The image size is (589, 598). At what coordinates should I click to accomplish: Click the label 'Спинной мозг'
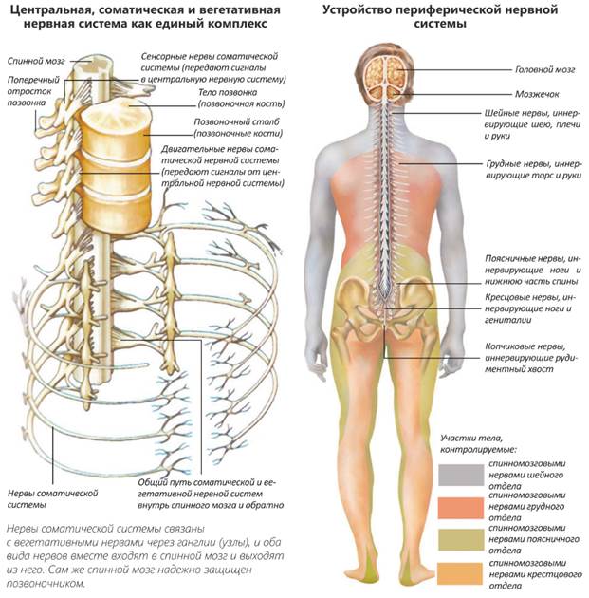31,59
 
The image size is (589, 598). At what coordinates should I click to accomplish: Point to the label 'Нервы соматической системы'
54,498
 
